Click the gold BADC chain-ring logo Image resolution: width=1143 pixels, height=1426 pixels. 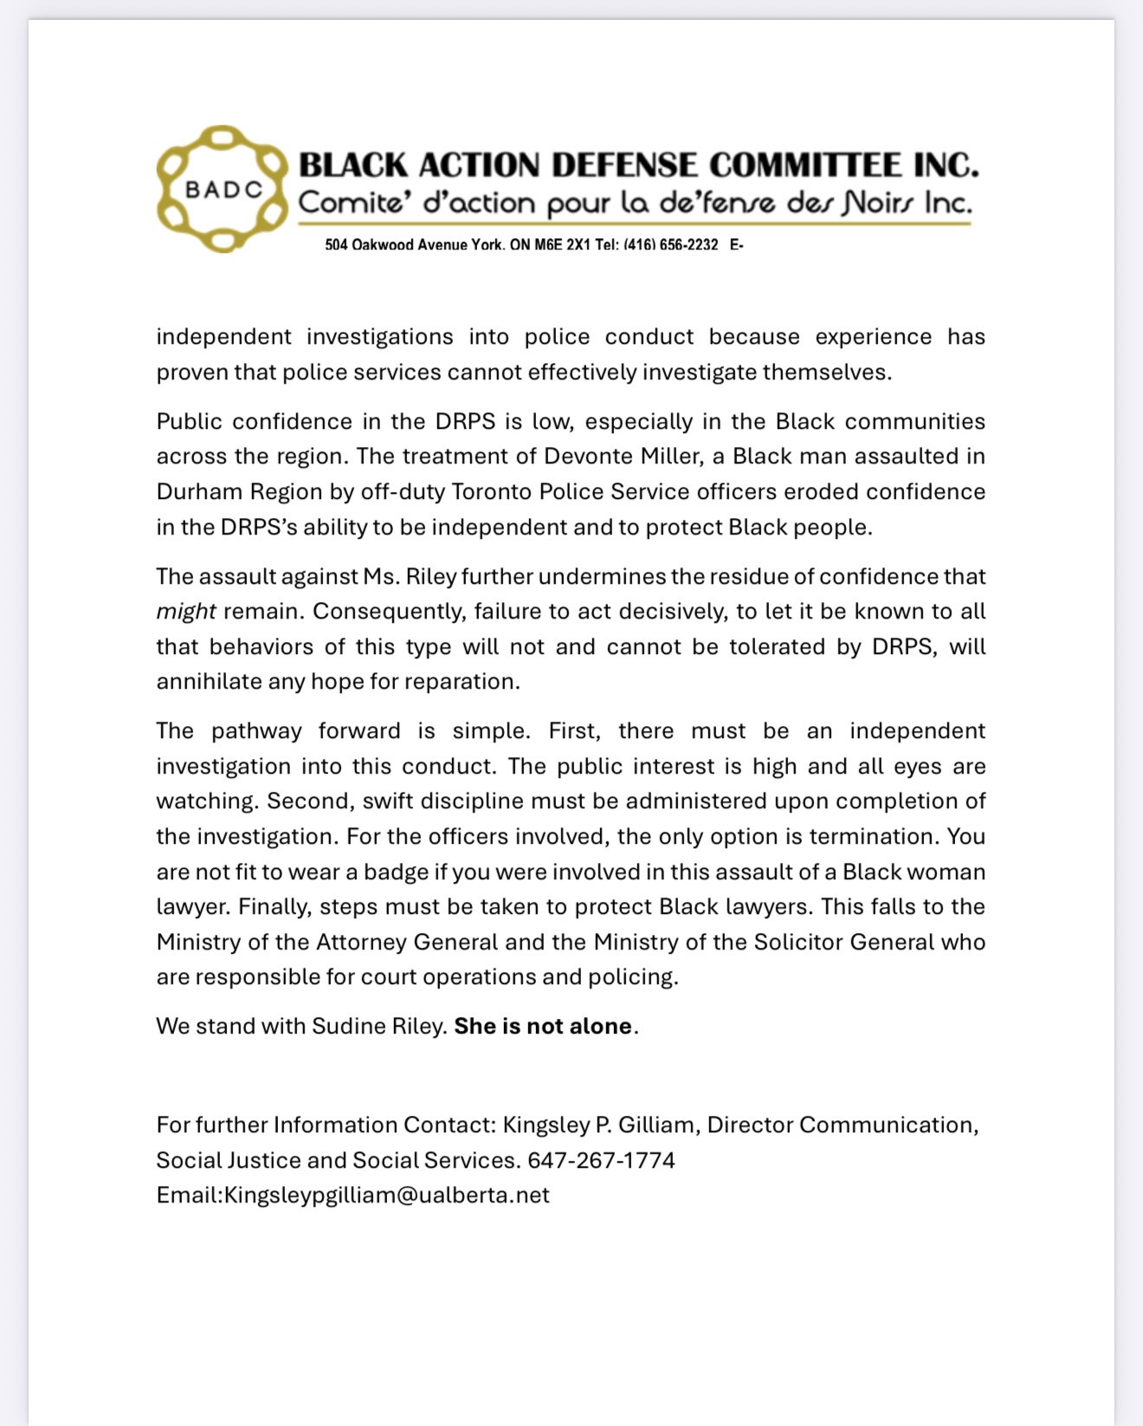[222, 189]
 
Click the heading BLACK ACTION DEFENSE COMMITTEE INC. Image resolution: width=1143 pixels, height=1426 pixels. [638, 165]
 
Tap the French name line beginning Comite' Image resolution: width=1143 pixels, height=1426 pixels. [635, 203]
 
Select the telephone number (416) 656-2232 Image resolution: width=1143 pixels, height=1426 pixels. [671, 245]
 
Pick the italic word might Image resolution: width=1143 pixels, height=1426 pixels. [185, 612]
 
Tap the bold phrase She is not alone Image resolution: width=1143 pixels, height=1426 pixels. [543, 1027]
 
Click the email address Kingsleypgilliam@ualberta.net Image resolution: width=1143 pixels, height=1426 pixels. [387, 1196]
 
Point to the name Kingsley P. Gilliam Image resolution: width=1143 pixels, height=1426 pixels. [598, 1125]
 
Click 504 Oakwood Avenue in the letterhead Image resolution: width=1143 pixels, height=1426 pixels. [397, 245]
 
